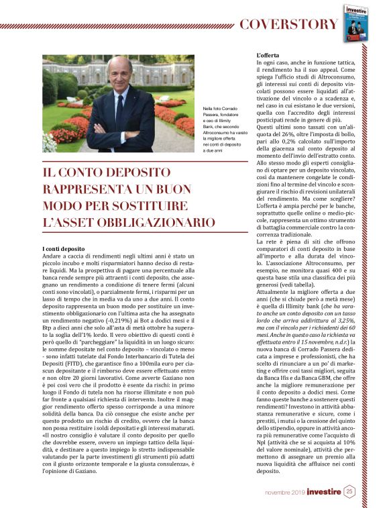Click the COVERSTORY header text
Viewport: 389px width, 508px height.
(289, 24)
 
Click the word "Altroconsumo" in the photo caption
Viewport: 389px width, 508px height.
(221, 135)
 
